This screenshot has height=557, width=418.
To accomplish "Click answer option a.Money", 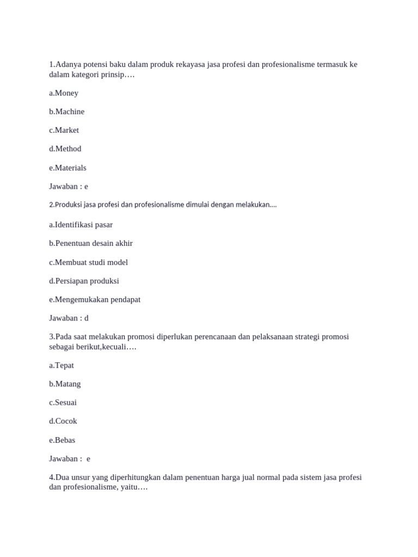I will (x=64, y=93).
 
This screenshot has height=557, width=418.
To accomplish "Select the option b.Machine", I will (x=66, y=112).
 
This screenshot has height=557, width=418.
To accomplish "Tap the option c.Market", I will (x=64, y=130).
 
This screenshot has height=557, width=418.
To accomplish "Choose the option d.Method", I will (x=65, y=148).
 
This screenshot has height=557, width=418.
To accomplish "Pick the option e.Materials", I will (x=67, y=168).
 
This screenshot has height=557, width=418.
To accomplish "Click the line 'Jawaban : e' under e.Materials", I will (x=68, y=186).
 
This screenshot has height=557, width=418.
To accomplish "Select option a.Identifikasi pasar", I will (x=81, y=225).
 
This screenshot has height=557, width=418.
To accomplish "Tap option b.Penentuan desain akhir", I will (x=90, y=243).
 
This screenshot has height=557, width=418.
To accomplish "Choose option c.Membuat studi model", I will (x=88, y=262).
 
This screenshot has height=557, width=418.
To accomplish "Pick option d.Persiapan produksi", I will (x=84, y=281).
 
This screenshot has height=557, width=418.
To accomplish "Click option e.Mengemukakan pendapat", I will (x=95, y=299).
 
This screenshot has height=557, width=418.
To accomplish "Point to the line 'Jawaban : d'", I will (x=69, y=318).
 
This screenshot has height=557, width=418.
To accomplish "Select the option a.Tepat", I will (x=62, y=365).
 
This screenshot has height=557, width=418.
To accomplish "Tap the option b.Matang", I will (x=65, y=383).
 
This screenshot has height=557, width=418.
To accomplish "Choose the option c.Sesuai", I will (x=63, y=403).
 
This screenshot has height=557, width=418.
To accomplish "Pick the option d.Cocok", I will (x=63, y=421).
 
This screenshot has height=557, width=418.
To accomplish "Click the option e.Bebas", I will (x=62, y=440).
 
